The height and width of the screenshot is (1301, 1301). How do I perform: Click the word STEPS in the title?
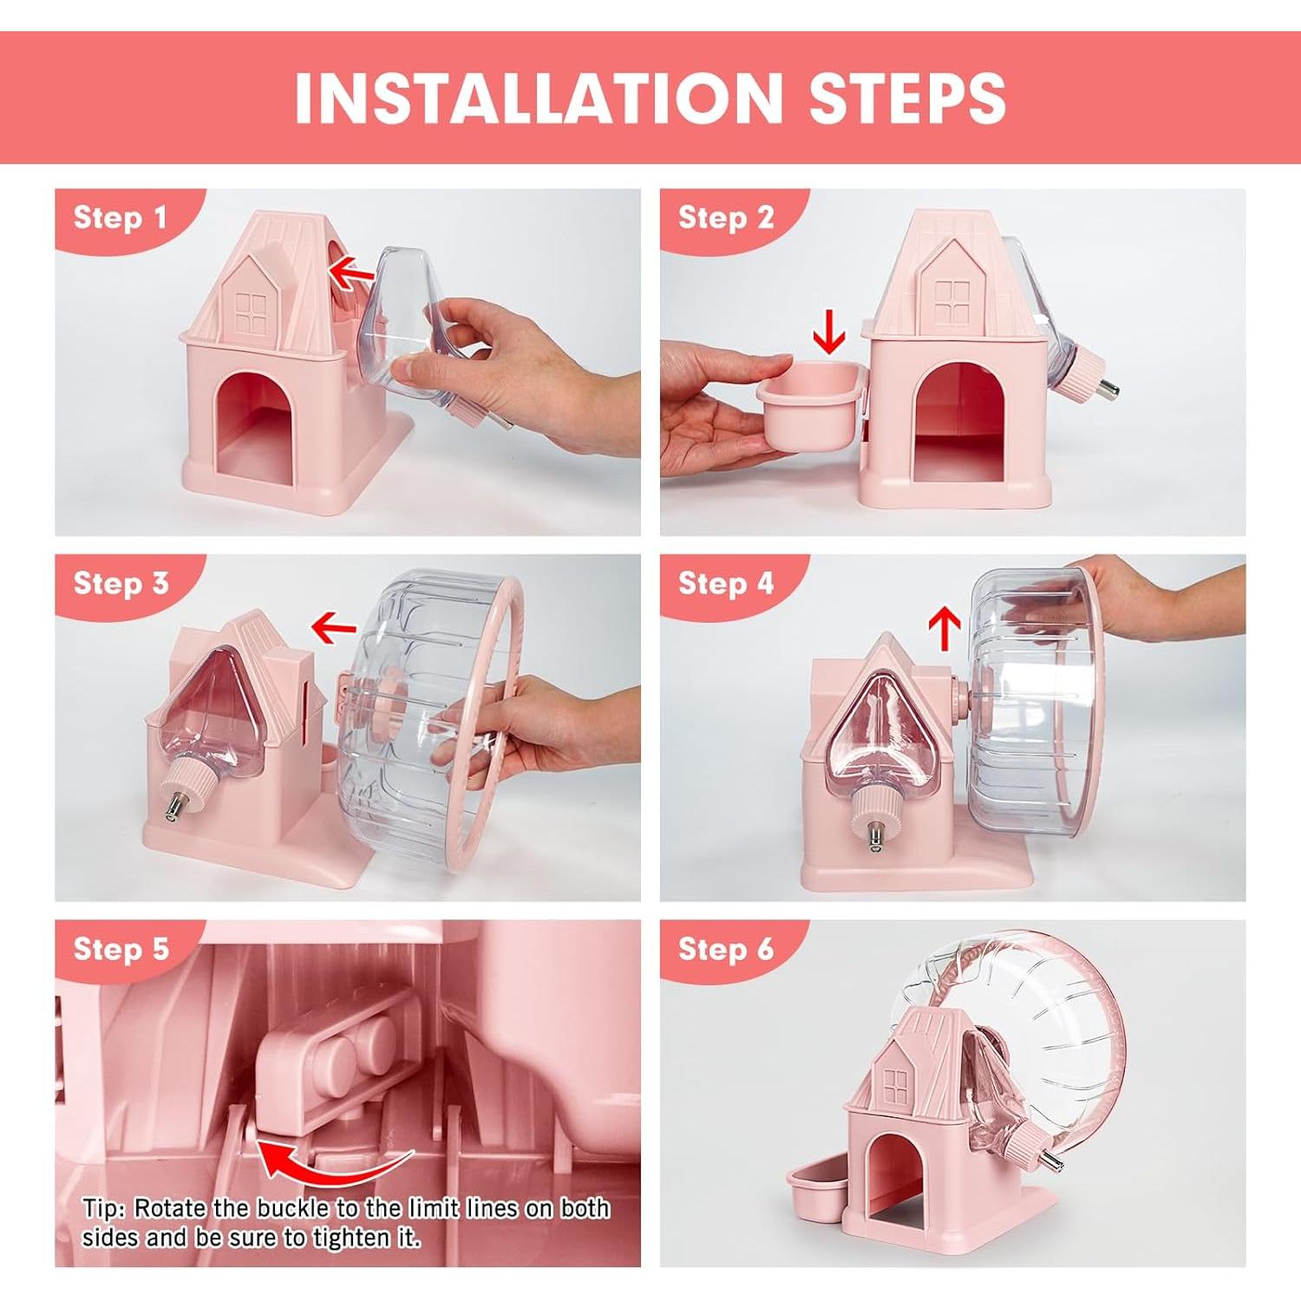[907, 97]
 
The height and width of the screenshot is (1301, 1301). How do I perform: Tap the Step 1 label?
[120, 218]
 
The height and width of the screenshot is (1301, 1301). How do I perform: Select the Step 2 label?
[725, 218]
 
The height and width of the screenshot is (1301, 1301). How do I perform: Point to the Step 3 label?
[121, 584]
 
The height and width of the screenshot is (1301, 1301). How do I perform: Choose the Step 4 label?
[725, 584]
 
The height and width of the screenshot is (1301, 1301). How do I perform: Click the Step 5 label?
[121, 949]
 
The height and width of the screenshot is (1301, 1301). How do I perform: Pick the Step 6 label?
[725, 949]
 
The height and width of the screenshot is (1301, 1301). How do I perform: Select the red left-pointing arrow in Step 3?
[334, 625]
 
